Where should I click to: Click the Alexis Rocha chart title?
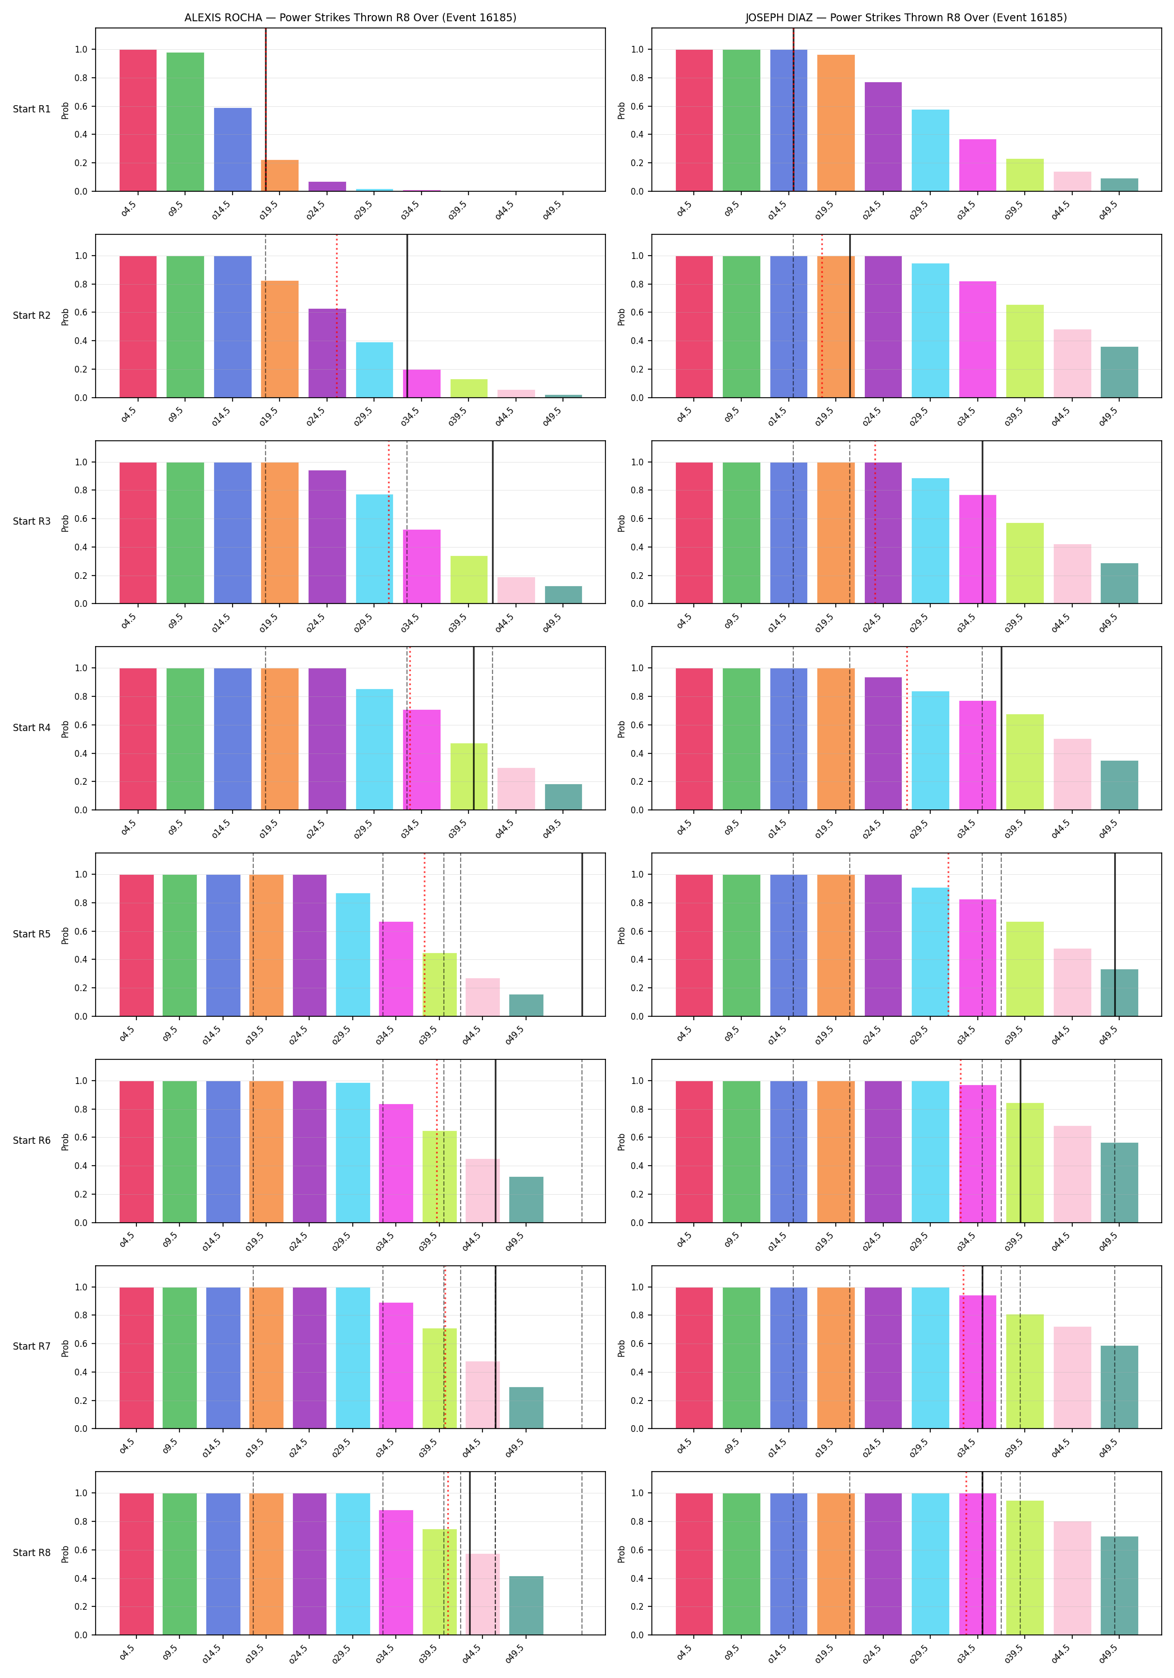350,17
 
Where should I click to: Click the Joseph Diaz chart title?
906,17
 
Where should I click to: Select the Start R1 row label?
31,109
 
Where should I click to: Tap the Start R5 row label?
31,934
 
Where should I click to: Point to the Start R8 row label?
31,1552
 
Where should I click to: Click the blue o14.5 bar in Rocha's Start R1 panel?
233,150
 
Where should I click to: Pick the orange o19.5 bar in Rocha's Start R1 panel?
280,176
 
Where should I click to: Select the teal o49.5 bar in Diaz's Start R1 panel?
1119,185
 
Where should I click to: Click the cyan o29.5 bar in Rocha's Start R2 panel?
374,370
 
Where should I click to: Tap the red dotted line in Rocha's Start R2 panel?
337,315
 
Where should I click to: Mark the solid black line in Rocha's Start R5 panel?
583,934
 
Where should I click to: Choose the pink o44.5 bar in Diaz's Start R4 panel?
1072,774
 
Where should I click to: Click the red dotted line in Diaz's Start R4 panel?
907,728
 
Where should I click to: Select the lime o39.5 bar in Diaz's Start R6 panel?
1025,1163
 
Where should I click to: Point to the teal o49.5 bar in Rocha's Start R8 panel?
526,1606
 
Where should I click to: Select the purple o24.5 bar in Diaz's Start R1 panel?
883,136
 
